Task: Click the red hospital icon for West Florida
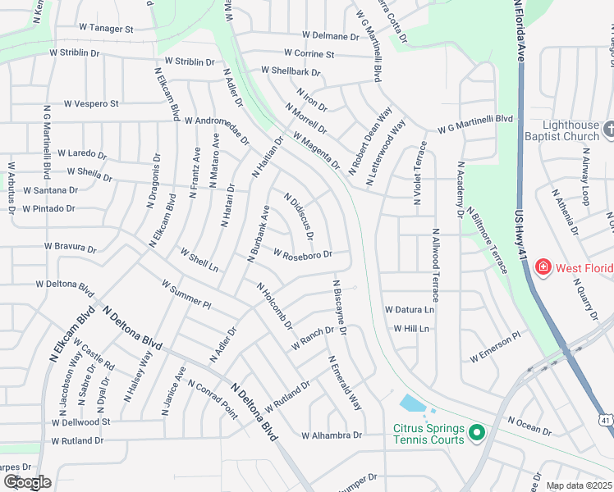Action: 543,267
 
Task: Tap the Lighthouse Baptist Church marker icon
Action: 608,129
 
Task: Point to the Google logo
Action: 27,481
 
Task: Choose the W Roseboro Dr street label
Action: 302,255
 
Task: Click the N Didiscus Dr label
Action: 299,216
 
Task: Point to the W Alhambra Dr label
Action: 332,435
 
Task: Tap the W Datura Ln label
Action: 409,310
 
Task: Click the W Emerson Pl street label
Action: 495,346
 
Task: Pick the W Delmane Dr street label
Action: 331,36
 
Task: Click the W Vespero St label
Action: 91,104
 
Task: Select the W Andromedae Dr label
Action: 217,130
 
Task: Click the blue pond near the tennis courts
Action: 411,403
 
